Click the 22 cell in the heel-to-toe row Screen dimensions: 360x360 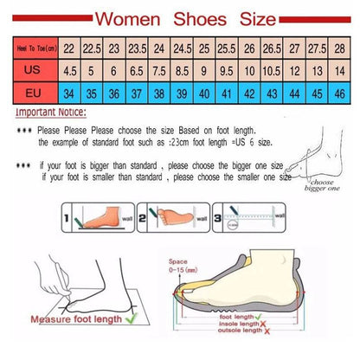pos(67,50)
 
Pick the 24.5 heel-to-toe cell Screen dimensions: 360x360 pos(181,50)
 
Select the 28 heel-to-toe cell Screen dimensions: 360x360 pos(339,50)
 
